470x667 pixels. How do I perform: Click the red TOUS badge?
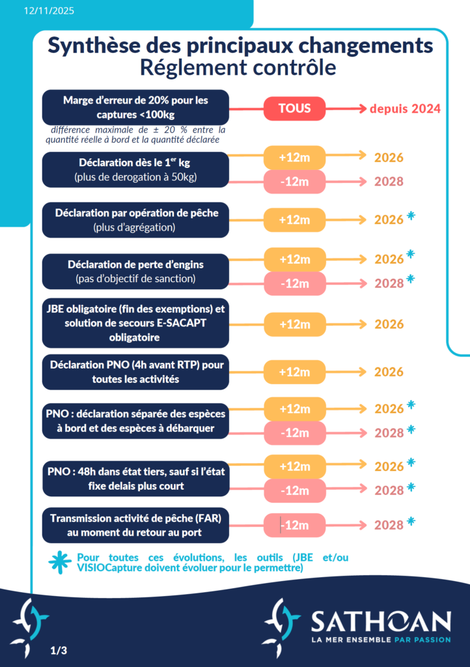[x=294, y=108]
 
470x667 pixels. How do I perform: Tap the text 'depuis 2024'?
[x=405, y=109]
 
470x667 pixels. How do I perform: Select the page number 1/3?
[x=59, y=650]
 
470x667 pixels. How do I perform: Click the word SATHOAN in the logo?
[x=381, y=621]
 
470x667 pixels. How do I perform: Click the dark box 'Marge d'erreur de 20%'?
[x=135, y=107]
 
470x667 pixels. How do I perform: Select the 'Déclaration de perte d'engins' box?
[x=135, y=271]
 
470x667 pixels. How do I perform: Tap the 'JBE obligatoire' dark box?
[x=135, y=324]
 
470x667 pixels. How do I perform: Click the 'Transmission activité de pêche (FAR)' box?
[x=135, y=525]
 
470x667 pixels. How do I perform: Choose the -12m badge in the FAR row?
[x=294, y=525]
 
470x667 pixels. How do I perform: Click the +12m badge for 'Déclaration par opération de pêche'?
[x=294, y=220]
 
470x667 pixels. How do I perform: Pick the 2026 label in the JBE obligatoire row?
[x=389, y=324]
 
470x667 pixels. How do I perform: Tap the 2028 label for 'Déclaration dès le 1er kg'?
[x=389, y=182]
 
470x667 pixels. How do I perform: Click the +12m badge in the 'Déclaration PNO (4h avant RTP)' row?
[x=294, y=372]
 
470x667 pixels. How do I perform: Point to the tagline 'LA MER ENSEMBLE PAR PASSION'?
[x=381, y=640]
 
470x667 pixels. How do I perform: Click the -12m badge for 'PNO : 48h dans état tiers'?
[x=294, y=490]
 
